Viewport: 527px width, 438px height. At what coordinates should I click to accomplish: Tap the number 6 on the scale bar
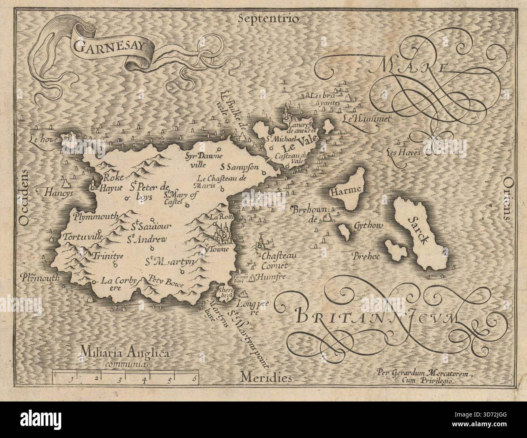coord(195,380)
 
